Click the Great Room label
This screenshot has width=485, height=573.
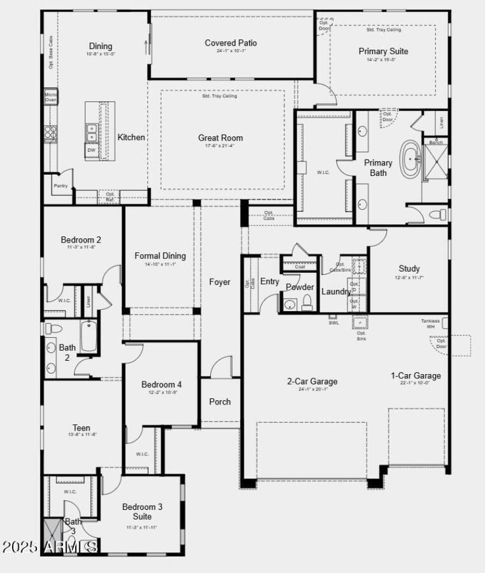(216, 138)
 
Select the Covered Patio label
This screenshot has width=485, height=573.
(230, 43)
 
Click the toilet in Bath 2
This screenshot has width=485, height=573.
(54, 328)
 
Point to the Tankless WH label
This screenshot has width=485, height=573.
(430, 324)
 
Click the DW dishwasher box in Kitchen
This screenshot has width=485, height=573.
(91, 150)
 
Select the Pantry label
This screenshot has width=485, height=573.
(60, 186)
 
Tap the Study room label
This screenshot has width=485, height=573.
(409, 269)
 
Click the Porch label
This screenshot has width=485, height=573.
(219, 401)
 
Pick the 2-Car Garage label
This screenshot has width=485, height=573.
(312, 381)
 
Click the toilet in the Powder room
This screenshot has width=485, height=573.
(307, 303)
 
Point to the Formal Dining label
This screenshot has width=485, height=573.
(160, 256)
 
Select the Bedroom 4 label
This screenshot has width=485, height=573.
(161, 384)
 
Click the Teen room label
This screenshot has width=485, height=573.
(81, 428)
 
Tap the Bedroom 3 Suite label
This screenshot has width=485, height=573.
(142, 511)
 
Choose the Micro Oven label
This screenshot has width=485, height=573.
(50, 97)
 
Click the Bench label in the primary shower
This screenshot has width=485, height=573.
(436, 142)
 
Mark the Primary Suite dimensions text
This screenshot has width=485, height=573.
(383, 59)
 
